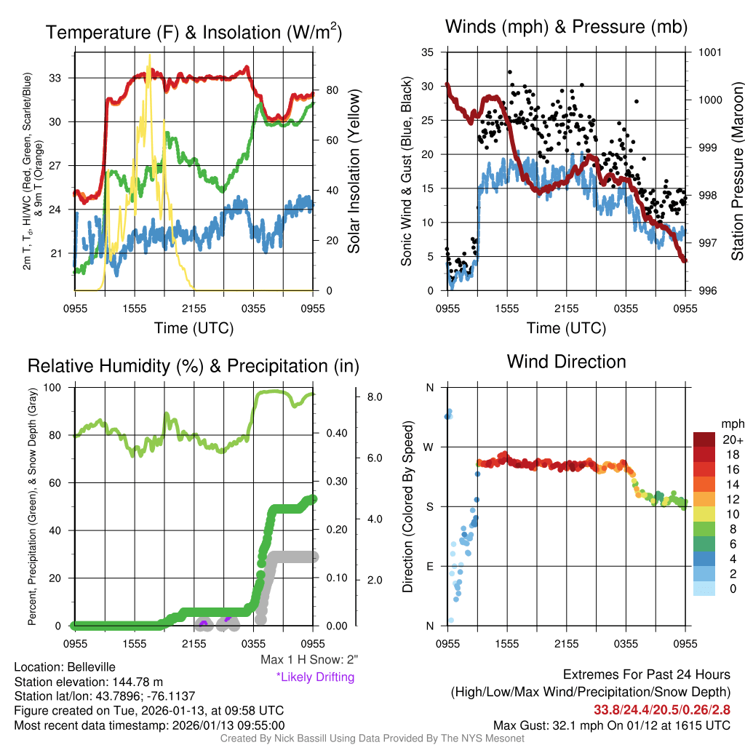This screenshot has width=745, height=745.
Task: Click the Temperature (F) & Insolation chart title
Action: click(x=194, y=33)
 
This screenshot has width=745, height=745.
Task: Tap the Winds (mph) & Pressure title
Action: click(x=566, y=27)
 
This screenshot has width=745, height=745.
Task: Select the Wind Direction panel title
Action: click(x=566, y=362)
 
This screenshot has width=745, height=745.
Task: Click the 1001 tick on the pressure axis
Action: click(x=709, y=52)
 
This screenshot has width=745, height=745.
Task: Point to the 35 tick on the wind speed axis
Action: click(x=428, y=52)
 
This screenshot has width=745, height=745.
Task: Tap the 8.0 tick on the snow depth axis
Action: click(x=375, y=397)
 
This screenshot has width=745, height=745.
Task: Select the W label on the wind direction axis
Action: click(x=429, y=447)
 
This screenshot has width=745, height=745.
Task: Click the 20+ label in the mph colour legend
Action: click(x=732, y=440)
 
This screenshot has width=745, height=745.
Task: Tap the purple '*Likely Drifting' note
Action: click(x=315, y=677)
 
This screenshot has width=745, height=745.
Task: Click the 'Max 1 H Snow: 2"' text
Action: click(x=310, y=660)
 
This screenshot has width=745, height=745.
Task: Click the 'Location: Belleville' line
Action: click(x=65, y=667)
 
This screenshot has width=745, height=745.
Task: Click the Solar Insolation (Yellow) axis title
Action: click(x=354, y=172)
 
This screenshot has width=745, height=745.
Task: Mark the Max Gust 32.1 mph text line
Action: click(x=612, y=725)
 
